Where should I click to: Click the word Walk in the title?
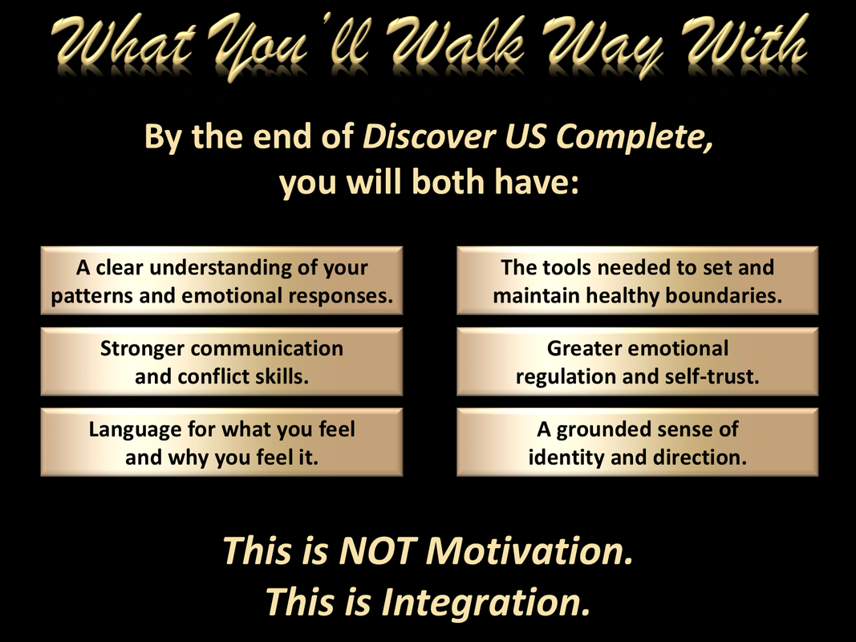pos(459,43)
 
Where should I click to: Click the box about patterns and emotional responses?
pos(221,281)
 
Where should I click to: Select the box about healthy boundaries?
pos(637,281)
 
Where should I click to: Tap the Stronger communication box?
pos(221,361)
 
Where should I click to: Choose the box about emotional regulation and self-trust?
pos(637,361)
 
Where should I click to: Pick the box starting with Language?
pos(221,442)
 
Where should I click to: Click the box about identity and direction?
pos(637,442)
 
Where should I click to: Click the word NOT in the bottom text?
pos(378,551)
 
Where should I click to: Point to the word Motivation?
pos(529,551)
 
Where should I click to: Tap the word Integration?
pos(486,603)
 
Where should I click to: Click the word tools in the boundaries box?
pos(567,267)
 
